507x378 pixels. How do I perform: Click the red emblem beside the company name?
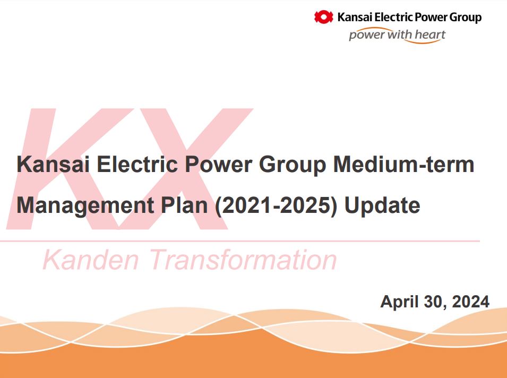pyautogui.click(x=324, y=17)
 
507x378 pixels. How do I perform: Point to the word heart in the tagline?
pyautogui.click(x=430, y=35)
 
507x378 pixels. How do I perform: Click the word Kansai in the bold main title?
pyautogui.click(x=53, y=164)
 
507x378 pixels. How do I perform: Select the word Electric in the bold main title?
pyautogui.click(x=137, y=164)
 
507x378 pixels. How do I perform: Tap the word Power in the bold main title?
pyautogui.click(x=218, y=164)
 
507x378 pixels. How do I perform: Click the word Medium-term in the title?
pyautogui.click(x=403, y=164)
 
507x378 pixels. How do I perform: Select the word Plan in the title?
pyautogui.click(x=185, y=205)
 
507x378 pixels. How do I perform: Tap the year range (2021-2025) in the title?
pyautogui.click(x=276, y=205)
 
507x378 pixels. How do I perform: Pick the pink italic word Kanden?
pyautogui.click(x=91, y=259)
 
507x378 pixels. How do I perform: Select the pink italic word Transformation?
pyautogui.click(x=243, y=259)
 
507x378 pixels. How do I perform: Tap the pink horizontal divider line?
pyautogui.click(x=239, y=241)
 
